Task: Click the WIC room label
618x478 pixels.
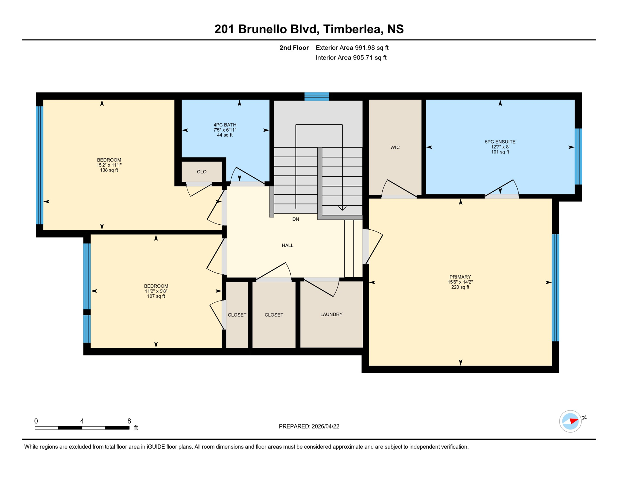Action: (x=395, y=148)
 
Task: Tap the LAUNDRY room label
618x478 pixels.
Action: (x=331, y=315)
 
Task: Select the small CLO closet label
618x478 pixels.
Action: (x=202, y=172)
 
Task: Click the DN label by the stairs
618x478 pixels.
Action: (x=296, y=219)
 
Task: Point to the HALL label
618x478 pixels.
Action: (x=288, y=246)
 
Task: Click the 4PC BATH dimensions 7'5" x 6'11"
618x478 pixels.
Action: (x=225, y=130)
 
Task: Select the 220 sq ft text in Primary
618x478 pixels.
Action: (x=460, y=287)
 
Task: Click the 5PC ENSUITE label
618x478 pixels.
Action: (x=500, y=142)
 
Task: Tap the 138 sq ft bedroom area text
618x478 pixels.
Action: (x=109, y=170)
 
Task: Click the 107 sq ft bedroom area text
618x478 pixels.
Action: (x=156, y=296)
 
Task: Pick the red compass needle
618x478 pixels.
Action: (x=574, y=421)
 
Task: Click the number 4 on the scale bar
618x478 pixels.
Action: (x=82, y=421)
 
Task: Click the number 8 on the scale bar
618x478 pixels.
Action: (x=129, y=421)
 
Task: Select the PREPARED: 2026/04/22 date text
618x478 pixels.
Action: (x=309, y=427)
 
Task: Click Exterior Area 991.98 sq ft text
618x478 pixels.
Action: (x=352, y=48)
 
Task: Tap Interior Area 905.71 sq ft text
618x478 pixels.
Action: (x=351, y=58)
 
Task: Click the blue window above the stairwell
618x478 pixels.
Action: (x=316, y=97)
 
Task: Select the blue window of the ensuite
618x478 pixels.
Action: (x=578, y=157)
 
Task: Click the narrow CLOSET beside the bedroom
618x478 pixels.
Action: (x=237, y=315)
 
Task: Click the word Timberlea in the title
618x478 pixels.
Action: (x=352, y=29)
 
